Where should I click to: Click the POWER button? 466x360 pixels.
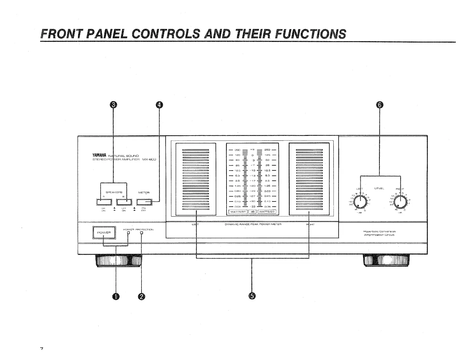coord(104,233)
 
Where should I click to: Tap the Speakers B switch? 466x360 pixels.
coord(124,202)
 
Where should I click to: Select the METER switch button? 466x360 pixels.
coord(144,202)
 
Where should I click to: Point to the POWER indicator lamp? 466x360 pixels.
coord(128,233)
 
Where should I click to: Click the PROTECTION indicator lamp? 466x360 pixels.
coord(142,233)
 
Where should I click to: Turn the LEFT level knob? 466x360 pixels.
coord(360,202)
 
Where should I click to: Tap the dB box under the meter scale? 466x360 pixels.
coord(252,211)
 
